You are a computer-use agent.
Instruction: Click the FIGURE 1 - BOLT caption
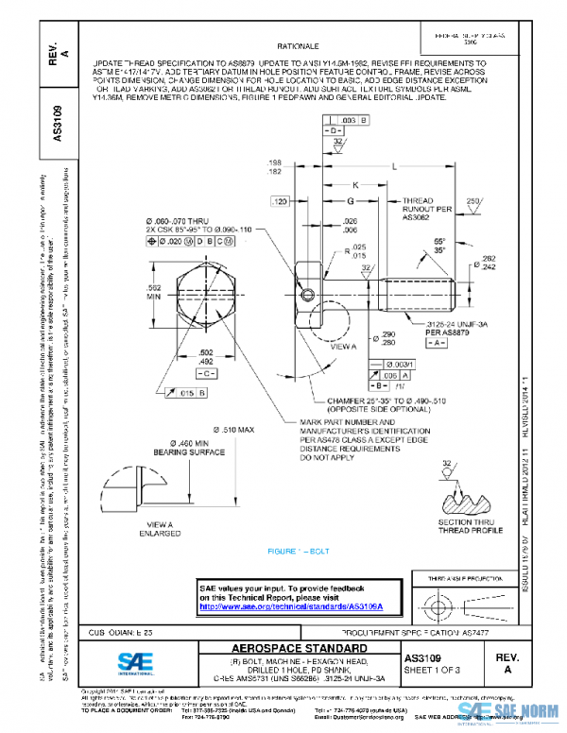coord(299,550)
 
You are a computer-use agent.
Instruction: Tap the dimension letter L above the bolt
coord(392,165)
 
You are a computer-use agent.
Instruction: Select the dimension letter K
coord(355,184)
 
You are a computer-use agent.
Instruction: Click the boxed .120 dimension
coord(279,202)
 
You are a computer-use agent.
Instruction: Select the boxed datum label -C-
coord(207,375)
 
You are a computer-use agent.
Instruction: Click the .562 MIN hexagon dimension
coord(154,290)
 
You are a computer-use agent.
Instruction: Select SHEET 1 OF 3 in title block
coord(430,669)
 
